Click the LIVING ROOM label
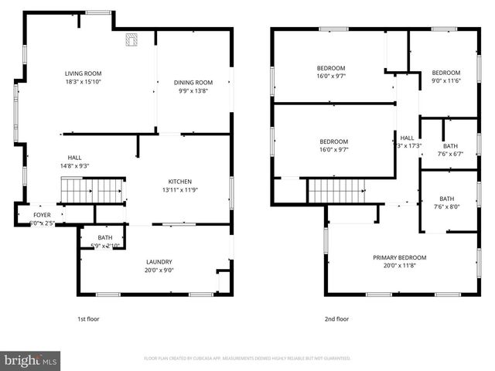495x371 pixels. [84, 73]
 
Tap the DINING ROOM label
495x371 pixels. [193, 83]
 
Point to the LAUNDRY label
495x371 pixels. [158, 262]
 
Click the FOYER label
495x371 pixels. [41, 216]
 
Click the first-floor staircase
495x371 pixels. [94, 189]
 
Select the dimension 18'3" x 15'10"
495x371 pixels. [84, 82]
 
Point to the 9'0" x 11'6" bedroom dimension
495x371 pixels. [445, 82]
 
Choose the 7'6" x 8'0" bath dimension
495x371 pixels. [447, 206]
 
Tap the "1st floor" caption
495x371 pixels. [87, 318]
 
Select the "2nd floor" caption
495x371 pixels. [336, 318]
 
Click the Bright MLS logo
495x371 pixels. [30, 360]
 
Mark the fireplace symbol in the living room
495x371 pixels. [131, 39]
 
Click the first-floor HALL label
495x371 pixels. [74, 158]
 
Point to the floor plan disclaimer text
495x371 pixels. [247, 359]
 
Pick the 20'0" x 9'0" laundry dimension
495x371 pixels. [158, 271]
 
